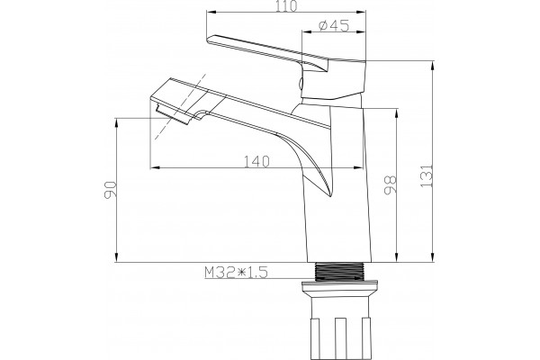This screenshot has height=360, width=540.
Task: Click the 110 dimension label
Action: tap(286, 6)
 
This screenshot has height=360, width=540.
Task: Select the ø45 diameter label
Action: tap(334, 25)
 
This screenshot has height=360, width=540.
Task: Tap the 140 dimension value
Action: tap(256, 161)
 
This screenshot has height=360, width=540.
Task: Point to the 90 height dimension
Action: tap(111, 190)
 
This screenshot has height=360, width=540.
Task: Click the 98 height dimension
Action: tap(391, 185)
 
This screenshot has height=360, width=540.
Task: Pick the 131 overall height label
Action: tap(427, 175)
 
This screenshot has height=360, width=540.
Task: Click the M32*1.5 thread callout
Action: tap(236, 273)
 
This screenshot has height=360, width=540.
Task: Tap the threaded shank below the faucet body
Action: tap(340, 272)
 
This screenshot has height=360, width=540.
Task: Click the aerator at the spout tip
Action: tap(172, 114)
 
